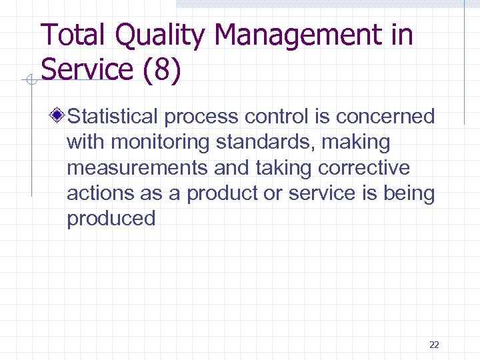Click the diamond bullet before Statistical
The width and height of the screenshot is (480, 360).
coord(59,117)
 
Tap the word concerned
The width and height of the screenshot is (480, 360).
coord(385,117)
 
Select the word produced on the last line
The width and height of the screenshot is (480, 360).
coord(111,219)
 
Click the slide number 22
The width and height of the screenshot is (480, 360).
coord(434,345)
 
